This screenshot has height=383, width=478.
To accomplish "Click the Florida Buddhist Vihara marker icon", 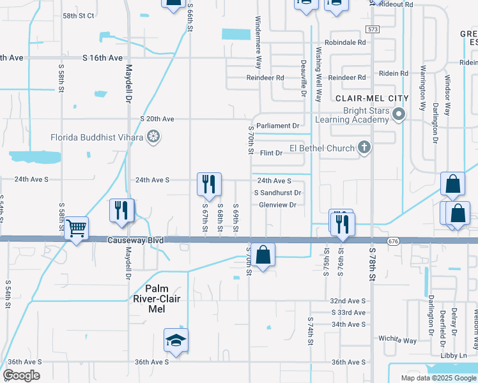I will pos(153,136).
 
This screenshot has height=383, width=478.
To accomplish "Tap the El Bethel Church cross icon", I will pos(364,148).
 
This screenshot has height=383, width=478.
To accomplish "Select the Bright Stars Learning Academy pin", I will pos(399,115).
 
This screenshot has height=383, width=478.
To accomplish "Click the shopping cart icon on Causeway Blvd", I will pos(76,227).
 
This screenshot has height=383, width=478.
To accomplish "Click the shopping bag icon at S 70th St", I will pos(263,255).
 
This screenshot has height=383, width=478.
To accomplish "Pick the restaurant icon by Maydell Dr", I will pos(121,210).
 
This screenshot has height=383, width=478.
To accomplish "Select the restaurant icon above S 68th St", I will pos(209,184).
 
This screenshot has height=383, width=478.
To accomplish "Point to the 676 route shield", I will pos(393,241).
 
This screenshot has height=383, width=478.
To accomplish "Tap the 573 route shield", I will pos(373,29).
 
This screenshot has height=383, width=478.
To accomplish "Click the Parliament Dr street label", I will pos(277,126).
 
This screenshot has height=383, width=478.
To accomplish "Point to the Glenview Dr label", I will pos(278,205).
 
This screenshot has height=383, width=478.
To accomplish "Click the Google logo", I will pos(21,375).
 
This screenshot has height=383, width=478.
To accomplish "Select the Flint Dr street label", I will pos(271,153).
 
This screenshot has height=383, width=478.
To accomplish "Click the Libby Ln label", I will pos(454,355).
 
